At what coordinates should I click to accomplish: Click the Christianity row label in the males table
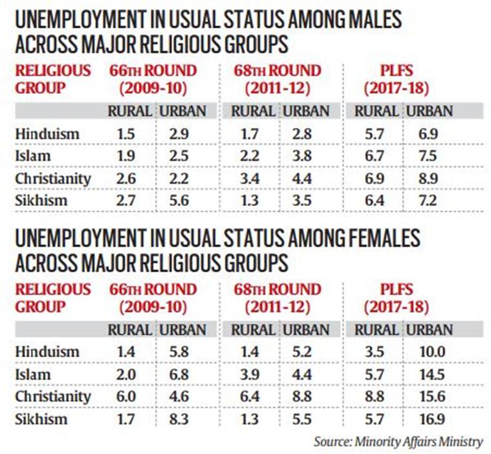click(x=52, y=177)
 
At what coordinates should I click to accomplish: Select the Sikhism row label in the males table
click(x=41, y=199)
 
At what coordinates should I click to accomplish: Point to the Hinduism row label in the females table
click(x=47, y=352)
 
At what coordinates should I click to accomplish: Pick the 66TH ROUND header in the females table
click(x=153, y=288)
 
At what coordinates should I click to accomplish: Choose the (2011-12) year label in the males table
click(x=276, y=87)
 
